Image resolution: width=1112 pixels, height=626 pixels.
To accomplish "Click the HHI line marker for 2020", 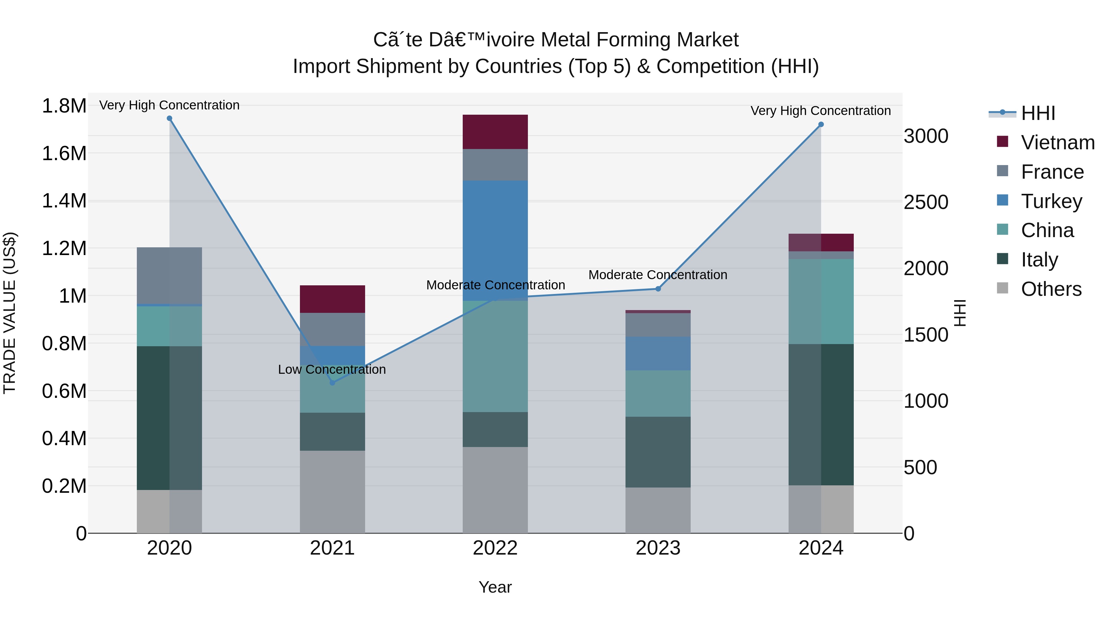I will click(169, 118).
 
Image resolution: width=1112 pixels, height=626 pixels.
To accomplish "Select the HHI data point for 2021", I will click(332, 383).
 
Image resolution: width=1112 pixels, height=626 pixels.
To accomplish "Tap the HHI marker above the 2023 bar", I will click(658, 289).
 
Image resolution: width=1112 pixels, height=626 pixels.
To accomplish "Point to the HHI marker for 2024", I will click(821, 124).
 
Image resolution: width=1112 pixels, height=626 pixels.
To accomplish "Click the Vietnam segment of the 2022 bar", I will click(495, 132).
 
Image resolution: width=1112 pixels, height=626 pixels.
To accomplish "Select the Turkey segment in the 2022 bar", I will click(495, 240).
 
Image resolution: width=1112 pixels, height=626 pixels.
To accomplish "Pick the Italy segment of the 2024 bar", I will click(821, 415).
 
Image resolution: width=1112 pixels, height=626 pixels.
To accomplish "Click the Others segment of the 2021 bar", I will click(332, 492).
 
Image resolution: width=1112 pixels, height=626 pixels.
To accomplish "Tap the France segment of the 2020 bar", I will click(169, 276).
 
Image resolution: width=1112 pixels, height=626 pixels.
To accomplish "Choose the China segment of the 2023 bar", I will click(658, 393).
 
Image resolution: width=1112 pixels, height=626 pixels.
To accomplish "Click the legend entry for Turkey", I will click(1051, 201).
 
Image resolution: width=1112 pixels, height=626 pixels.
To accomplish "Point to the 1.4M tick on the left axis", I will click(64, 201).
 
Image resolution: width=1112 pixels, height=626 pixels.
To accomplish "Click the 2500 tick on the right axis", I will click(926, 202).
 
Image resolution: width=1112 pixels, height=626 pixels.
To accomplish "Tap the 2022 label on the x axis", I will click(495, 548).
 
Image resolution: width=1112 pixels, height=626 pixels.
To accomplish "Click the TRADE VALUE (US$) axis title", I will click(10, 313).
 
